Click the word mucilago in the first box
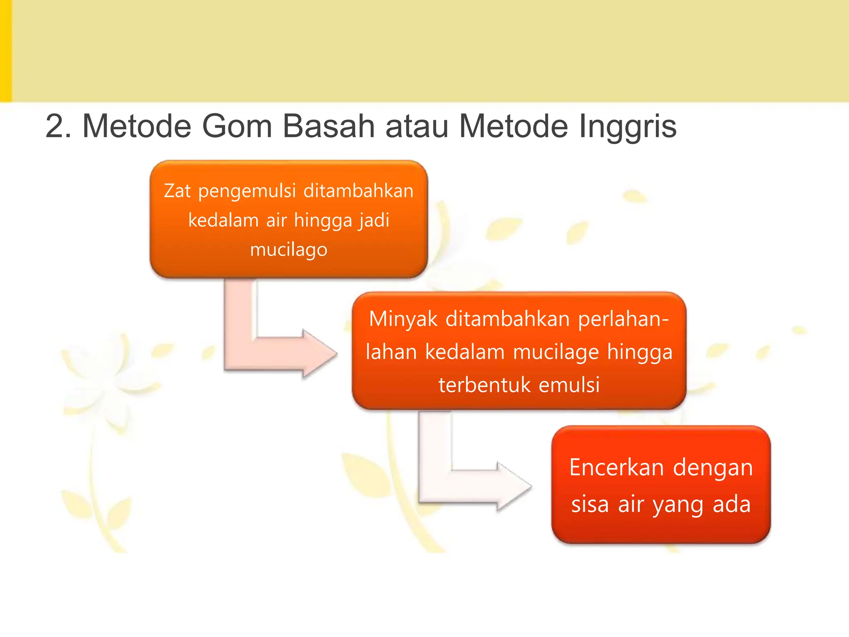click(289, 250)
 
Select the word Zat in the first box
click(177, 191)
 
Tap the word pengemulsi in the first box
click(247, 191)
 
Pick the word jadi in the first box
click(374, 220)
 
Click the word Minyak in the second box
click(403, 319)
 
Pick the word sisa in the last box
click(590, 504)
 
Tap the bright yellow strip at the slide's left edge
click(5, 51)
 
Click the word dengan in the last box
click(713, 467)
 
